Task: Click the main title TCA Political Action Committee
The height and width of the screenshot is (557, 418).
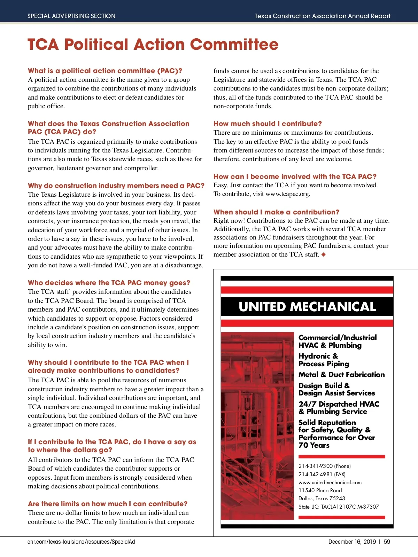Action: [x=153, y=45]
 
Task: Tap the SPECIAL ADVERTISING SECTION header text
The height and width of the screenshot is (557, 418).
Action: [x=71, y=16]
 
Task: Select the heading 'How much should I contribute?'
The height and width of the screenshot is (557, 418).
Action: [x=268, y=124]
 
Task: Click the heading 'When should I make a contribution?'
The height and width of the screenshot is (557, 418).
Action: [x=276, y=212]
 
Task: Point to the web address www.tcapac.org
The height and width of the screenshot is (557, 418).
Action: [x=287, y=194]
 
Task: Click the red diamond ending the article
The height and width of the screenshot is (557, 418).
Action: [x=324, y=254]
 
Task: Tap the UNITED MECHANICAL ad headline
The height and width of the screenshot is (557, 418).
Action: [x=307, y=307]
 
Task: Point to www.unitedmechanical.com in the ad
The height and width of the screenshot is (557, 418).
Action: [x=330, y=483]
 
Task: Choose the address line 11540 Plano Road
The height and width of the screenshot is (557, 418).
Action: [x=320, y=491]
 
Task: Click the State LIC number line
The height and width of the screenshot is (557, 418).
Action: [x=338, y=507]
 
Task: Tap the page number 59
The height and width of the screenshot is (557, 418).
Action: [x=387, y=542]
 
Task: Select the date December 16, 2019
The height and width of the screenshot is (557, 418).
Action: [x=352, y=542]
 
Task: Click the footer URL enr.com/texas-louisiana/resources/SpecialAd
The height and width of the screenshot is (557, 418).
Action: [x=81, y=542]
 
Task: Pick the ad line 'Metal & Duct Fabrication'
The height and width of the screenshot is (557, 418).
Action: [x=341, y=375]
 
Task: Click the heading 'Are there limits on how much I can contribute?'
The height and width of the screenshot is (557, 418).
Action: [x=108, y=504]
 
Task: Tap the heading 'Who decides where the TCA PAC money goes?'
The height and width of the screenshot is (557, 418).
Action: [x=109, y=283]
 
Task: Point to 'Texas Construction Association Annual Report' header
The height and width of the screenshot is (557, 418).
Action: [x=322, y=16]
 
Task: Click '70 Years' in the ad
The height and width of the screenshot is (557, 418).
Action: [x=314, y=445]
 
